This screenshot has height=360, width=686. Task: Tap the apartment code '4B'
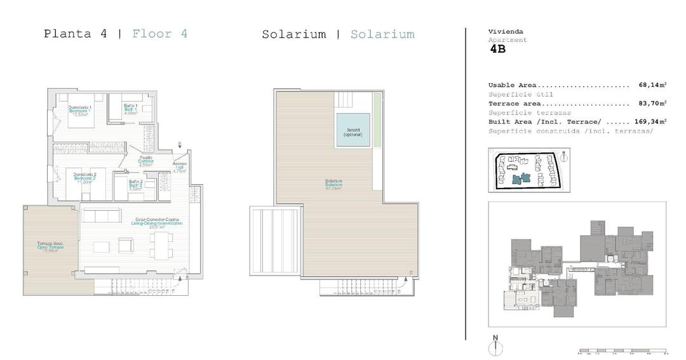click(x=498, y=50)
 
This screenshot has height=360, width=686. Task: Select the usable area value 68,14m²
click(x=652, y=85)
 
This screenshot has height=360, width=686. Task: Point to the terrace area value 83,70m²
click(x=652, y=103)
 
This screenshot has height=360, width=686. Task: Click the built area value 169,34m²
click(x=650, y=121)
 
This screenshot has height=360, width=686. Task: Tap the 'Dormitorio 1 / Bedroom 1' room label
click(x=80, y=110)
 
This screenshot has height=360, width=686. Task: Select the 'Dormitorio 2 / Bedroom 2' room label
click(x=84, y=177)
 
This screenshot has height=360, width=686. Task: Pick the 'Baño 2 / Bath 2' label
click(x=135, y=185)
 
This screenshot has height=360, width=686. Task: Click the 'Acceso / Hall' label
click(x=179, y=167)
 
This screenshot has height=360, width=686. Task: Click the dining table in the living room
click(x=161, y=245)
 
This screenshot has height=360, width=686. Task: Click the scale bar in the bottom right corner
click(x=621, y=350)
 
